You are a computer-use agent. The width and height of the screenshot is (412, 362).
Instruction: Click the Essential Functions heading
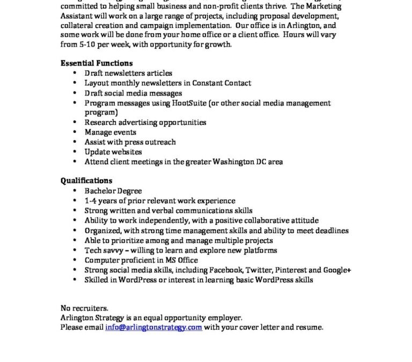click(97, 63)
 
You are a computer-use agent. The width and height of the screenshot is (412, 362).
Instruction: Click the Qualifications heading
click(86, 181)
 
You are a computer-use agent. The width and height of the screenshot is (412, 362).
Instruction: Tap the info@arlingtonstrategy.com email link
click(153, 327)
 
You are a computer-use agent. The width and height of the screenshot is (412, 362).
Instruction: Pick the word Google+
click(337, 270)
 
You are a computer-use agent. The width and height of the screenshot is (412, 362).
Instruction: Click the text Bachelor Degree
click(113, 191)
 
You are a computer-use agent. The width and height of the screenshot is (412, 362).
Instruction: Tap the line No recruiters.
click(84, 308)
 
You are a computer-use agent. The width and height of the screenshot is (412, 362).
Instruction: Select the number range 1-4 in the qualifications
click(90, 201)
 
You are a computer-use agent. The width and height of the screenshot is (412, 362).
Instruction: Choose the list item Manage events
click(111, 132)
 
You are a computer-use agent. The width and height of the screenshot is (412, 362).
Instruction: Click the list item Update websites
click(113, 152)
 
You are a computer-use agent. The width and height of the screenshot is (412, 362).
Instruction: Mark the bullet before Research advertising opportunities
click(74, 123)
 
